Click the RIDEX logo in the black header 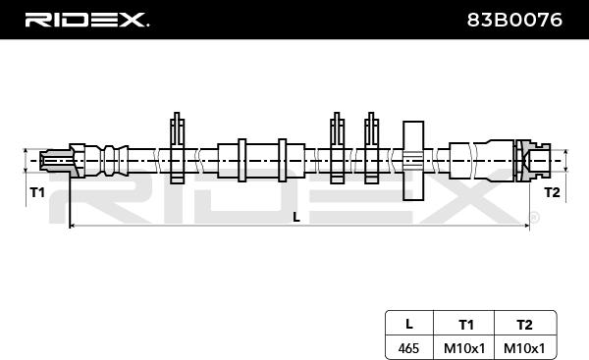(87, 20)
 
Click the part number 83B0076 (514, 20)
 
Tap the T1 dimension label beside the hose (37, 192)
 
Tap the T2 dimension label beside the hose (552, 192)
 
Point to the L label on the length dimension (296, 217)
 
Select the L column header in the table (409, 324)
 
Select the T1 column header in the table (465, 325)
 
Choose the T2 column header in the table (524, 325)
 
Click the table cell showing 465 (408, 348)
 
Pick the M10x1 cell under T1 (464, 348)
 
